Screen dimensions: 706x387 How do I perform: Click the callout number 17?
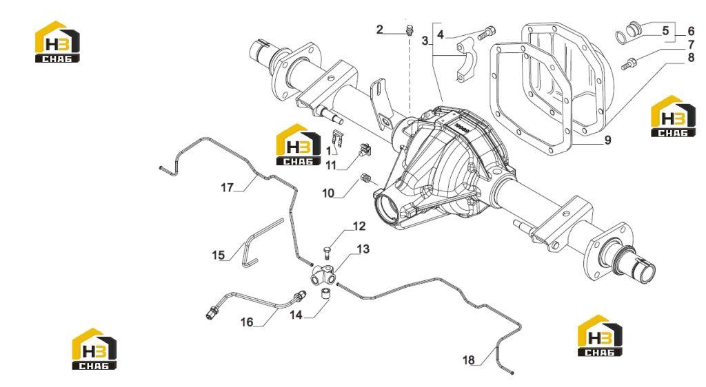click(227, 187)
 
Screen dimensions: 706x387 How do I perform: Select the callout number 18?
click(469, 359)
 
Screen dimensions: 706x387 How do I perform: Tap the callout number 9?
click(608, 140)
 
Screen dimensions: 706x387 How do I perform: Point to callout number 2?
click(380, 30)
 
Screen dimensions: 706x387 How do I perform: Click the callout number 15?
click(218, 255)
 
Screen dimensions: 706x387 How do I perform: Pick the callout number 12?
click(359, 226)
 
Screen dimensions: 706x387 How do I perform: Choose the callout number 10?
click(328, 193)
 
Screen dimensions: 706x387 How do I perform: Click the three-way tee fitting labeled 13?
click(323, 275)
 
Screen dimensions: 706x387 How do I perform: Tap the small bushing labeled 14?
click(325, 295)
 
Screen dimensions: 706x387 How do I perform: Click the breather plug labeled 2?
click(410, 30)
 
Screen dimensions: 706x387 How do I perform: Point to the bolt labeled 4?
click(486, 32)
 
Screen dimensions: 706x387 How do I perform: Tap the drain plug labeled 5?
click(636, 29)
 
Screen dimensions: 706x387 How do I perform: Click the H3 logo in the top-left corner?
click(57, 41)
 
